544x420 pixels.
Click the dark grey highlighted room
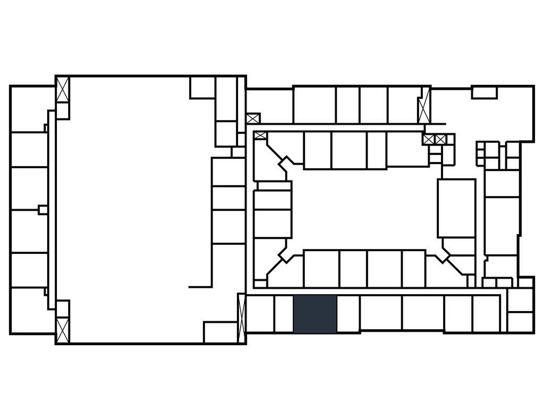tap(315, 314)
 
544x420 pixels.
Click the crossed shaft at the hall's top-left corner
tap(63, 90)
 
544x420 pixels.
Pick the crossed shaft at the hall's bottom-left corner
tap(63, 329)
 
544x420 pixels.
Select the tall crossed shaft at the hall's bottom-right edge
tap(241, 313)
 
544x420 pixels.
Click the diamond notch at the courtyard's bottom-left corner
tap(286, 255)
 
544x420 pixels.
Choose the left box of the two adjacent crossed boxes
tap(429, 140)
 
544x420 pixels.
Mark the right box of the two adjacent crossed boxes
tap(440, 140)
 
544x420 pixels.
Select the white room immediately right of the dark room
tap(348, 314)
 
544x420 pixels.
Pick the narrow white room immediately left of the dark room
tap(284, 314)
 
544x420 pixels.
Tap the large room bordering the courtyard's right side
tap(456, 208)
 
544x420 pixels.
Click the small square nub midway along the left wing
tap(42, 210)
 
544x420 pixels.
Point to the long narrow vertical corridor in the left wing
tap(52, 210)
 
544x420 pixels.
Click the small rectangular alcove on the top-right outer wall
tap(484, 93)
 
